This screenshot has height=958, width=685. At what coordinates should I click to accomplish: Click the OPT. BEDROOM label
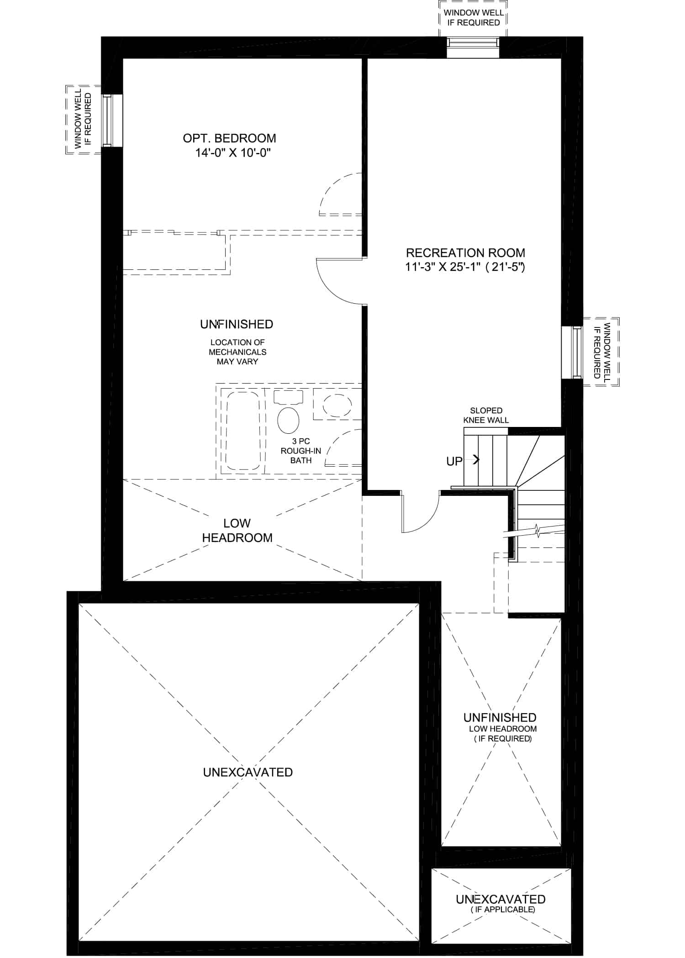point(229,138)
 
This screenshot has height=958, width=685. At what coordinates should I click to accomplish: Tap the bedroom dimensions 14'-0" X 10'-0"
point(233,153)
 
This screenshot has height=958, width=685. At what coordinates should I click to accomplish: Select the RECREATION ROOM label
point(465,253)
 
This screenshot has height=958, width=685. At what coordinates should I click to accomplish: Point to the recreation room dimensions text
point(465,267)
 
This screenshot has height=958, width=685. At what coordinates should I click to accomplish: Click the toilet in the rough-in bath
point(288,414)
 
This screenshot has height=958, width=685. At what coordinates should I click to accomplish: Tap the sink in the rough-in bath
point(337,405)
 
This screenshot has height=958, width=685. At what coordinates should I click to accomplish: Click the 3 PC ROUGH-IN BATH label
point(301,451)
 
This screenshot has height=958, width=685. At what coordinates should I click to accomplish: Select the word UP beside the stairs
point(454,461)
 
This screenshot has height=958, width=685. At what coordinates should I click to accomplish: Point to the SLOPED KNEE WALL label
point(486,415)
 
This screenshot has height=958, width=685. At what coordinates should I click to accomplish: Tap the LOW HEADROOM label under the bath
point(237,530)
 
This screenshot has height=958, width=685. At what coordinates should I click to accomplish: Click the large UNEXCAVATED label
point(248,772)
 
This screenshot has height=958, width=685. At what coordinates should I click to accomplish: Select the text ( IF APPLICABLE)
point(502,909)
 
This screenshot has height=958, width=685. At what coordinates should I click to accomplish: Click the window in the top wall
point(473,47)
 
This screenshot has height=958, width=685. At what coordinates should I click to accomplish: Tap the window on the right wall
point(572,352)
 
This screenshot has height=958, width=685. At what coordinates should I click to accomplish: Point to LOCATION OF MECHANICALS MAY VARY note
point(237,352)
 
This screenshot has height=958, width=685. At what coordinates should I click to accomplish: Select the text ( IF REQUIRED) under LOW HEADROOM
point(502,738)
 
